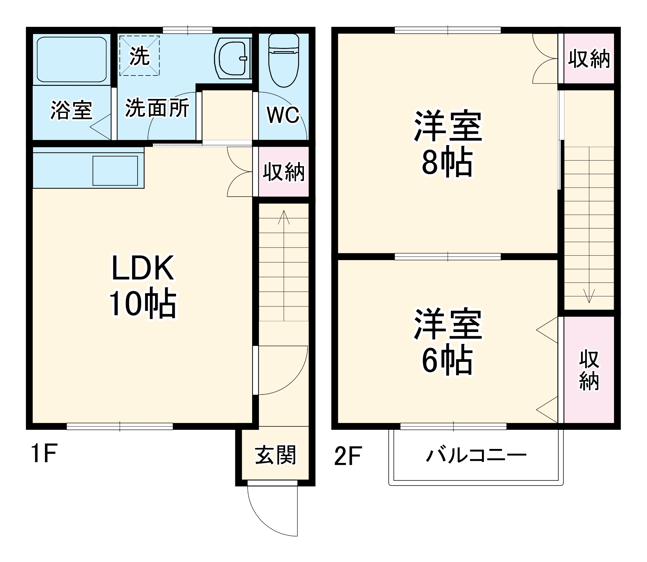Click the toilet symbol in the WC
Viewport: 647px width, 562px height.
coord(284,62)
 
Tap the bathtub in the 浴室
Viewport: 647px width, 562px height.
coord(72,60)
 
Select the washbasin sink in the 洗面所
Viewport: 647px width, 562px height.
coord(232,59)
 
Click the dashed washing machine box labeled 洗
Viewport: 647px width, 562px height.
coord(139,56)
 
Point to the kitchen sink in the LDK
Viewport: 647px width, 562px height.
coord(116,171)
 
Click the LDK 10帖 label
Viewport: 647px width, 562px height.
coord(142,287)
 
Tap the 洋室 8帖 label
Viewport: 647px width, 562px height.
coord(448,143)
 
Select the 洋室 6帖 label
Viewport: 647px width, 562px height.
coord(448,342)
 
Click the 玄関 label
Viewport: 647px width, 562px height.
coord(275,455)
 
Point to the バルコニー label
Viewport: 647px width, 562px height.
coord(476,455)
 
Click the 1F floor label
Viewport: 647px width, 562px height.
coord(44,454)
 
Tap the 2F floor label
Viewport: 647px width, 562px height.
coord(348,455)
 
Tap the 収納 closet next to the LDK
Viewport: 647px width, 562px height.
coord(284,172)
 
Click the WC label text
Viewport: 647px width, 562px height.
coord(283,115)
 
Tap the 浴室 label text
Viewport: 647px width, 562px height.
coord(72,110)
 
